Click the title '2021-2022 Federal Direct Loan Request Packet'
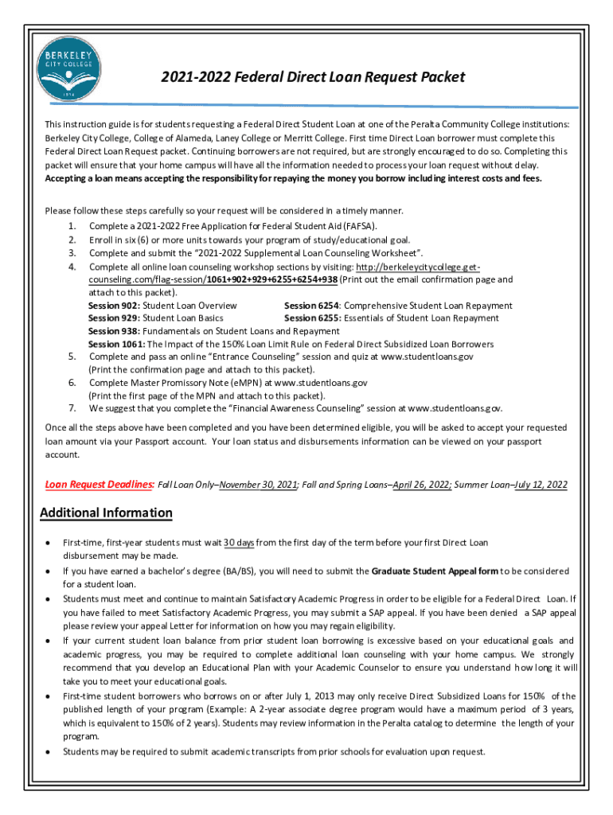tap(312, 77)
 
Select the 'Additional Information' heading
tap(106, 513)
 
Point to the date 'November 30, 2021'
tap(258, 484)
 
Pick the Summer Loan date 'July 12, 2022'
tap(541, 484)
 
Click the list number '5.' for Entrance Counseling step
tap(72, 357)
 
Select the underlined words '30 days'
tap(239, 543)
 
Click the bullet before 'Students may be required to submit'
tap(49, 751)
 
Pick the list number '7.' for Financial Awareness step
tap(72, 408)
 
